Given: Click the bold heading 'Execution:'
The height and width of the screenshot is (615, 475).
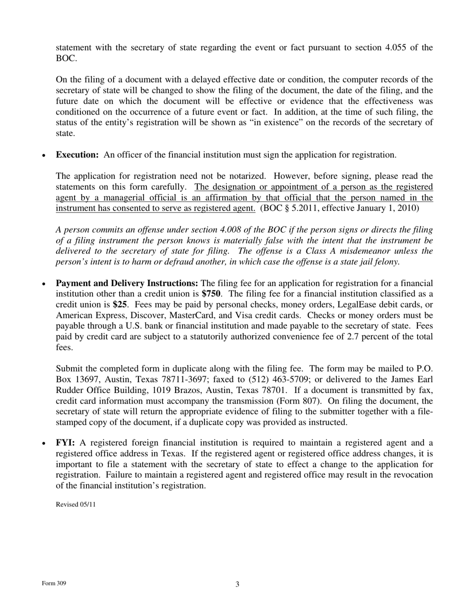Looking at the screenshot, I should point(77,155).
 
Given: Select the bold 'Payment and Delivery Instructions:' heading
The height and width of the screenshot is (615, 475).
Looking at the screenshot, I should point(127,283).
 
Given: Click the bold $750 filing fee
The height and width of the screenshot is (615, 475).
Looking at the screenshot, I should point(211,294).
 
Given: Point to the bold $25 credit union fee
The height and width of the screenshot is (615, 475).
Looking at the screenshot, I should point(119,304).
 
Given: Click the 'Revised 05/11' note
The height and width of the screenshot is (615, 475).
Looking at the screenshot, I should point(75,504).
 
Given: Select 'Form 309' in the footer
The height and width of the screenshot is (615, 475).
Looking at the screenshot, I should point(54,583).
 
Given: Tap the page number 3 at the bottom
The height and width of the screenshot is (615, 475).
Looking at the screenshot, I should point(237,584).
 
